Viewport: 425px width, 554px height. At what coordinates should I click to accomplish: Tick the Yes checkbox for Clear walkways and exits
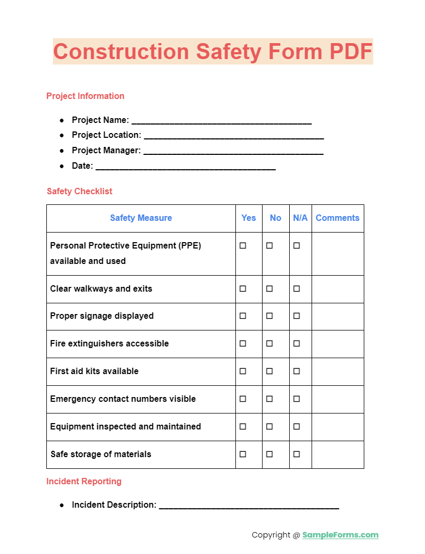[243, 288]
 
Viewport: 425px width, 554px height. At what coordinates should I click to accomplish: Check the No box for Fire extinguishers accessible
[269, 343]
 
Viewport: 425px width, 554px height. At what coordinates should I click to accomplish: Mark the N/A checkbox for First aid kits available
[297, 371]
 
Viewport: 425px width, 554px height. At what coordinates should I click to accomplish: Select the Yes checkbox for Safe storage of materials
[243, 454]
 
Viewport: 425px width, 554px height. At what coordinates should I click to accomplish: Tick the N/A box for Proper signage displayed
[297, 316]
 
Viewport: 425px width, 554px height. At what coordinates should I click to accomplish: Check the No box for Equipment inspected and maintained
[269, 426]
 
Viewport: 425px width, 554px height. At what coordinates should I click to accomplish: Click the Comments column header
[337, 218]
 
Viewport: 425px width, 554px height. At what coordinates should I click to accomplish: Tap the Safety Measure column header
[141, 218]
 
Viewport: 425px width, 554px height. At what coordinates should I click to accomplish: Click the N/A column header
[300, 218]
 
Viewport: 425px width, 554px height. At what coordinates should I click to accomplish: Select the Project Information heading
[85, 96]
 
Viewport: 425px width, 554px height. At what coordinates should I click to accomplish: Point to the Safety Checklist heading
[79, 191]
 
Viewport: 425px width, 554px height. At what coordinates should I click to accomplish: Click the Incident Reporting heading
[84, 481]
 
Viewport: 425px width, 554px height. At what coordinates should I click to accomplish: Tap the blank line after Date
[186, 167]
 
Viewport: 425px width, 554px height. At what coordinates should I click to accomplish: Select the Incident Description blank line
[249, 506]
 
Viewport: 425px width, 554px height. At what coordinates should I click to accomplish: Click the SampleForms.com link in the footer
[340, 535]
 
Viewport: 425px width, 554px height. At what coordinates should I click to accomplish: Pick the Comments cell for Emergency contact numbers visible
[338, 399]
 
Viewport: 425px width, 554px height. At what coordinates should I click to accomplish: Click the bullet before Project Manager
[62, 151]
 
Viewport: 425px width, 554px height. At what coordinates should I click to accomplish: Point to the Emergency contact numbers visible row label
[123, 399]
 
